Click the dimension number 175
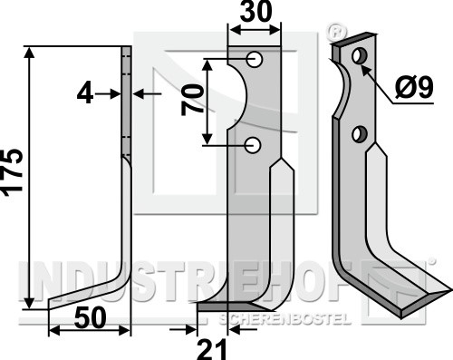[12, 171]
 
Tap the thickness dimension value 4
[85, 94]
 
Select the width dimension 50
[91, 318]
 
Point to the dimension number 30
[255, 12]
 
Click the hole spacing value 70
[192, 101]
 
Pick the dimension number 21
[211, 349]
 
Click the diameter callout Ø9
[414, 87]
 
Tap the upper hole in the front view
[254, 59]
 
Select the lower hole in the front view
[253, 145]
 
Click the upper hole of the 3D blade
[360, 56]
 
